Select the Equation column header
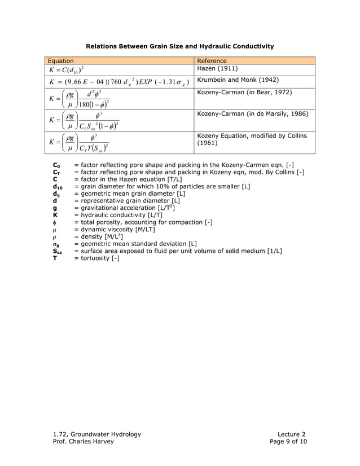click(60, 61)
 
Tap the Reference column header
click(212, 61)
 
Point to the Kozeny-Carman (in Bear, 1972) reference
click(244, 91)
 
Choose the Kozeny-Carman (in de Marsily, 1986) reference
click(252, 114)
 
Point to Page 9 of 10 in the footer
click(288, 441)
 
